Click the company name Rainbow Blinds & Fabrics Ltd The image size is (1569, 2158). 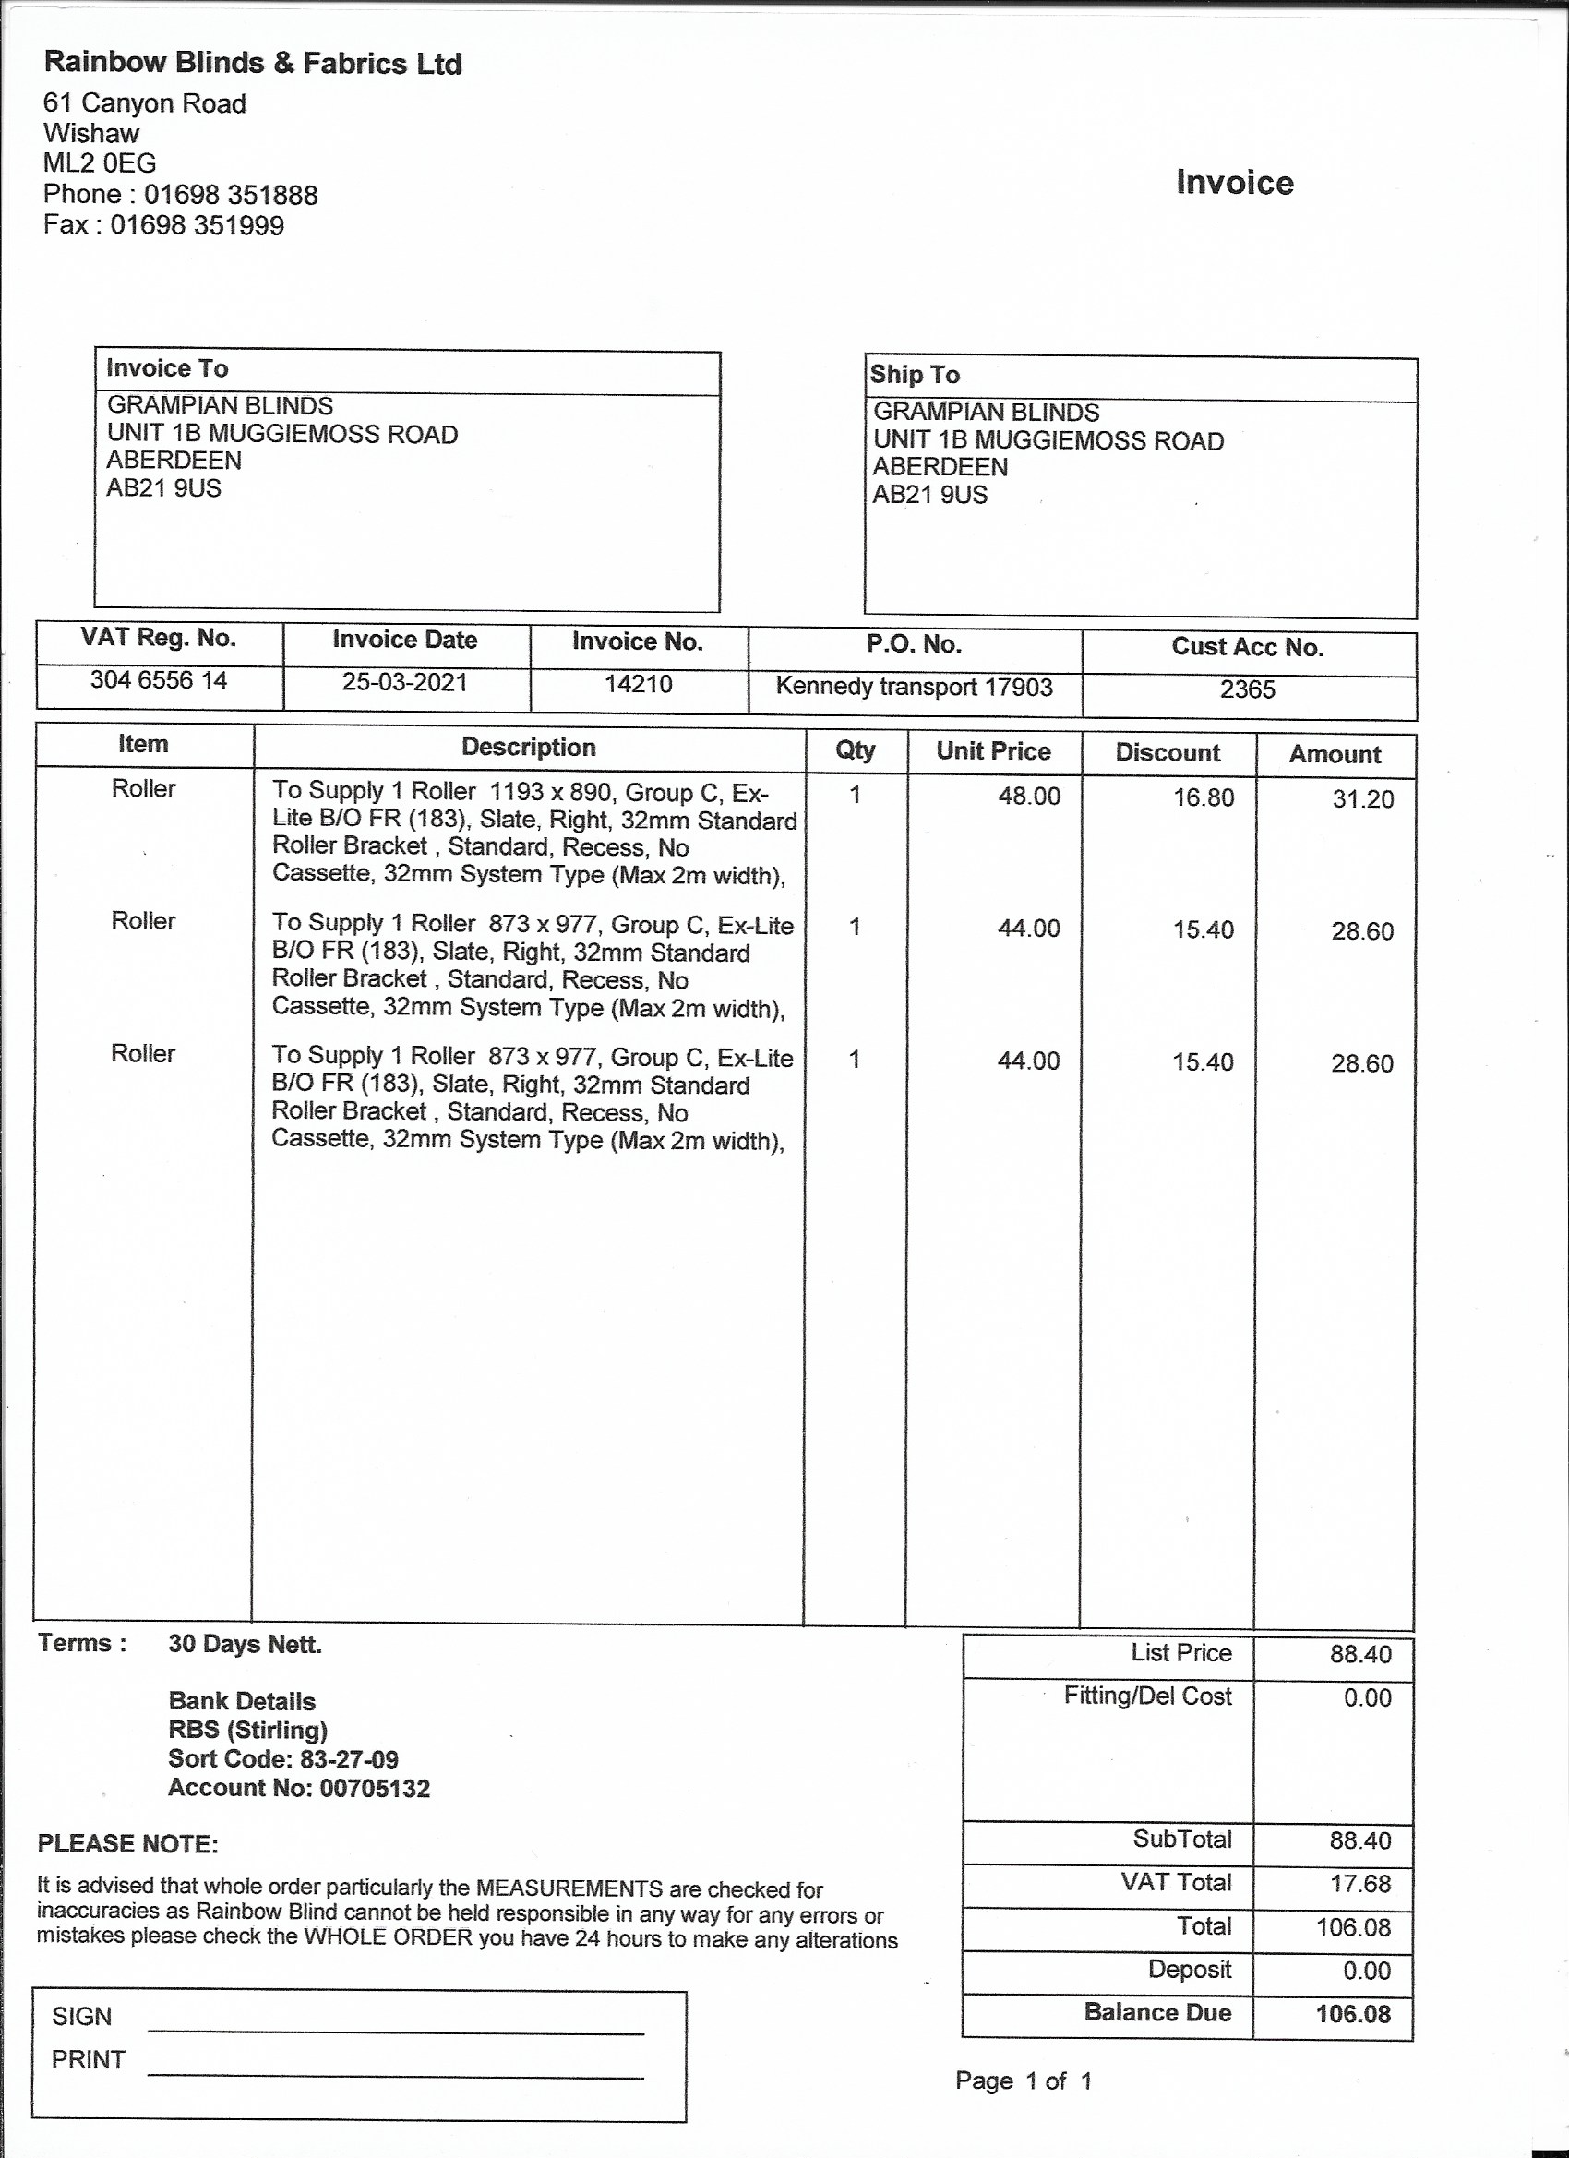point(252,63)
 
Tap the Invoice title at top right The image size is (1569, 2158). point(1234,182)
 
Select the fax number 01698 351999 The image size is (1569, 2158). point(197,225)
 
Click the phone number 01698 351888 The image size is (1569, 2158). point(230,195)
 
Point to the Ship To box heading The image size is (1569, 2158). point(915,375)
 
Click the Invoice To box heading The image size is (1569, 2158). point(166,368)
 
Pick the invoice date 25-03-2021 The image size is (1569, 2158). point(404,682)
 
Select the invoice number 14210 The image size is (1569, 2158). point(638,684)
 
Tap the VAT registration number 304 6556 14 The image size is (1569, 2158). point(158,680)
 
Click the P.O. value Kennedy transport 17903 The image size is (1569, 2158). point(914,687)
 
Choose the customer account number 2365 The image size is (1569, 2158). point(1247,689)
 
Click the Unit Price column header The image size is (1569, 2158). point(992,751)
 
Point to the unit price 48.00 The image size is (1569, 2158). point(1028,797)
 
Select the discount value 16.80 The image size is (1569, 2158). point(1203,797)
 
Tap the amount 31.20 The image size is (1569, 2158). point(1362,799)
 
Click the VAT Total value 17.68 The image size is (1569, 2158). point(1360,1884)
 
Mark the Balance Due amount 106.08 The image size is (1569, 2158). point(1353,2014)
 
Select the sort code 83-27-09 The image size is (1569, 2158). point(349,1759)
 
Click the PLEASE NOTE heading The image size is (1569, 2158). point(127,1845)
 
